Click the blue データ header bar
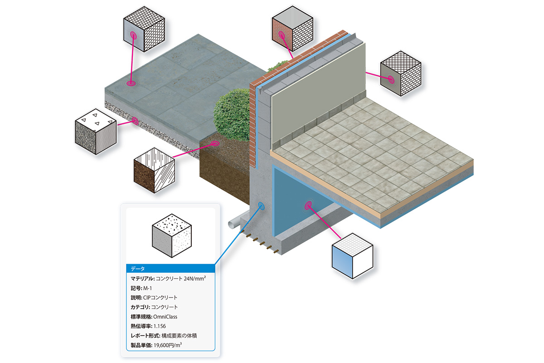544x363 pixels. coord(170,269)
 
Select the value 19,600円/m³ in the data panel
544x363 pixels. coord(168,345)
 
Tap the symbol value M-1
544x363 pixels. coord(147,288)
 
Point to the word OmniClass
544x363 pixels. coord(165,317)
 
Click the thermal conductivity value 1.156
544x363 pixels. coord(160,326)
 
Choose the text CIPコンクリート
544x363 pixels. coord(160,298)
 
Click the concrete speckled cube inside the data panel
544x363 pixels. coord(172,235)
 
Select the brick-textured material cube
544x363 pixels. coord(292,29)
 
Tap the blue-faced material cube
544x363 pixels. coord(352,256)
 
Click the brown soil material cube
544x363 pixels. coord(154,171)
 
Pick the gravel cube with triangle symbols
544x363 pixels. coord(96,132)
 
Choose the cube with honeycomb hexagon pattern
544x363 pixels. coord(144,29)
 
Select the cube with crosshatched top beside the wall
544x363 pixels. coord(401,74)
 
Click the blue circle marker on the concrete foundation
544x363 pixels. coord(261,206)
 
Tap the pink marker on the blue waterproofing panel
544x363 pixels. coord(308,206)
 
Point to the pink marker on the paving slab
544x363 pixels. coord(131,83)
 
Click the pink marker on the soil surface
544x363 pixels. coord(215,143)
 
